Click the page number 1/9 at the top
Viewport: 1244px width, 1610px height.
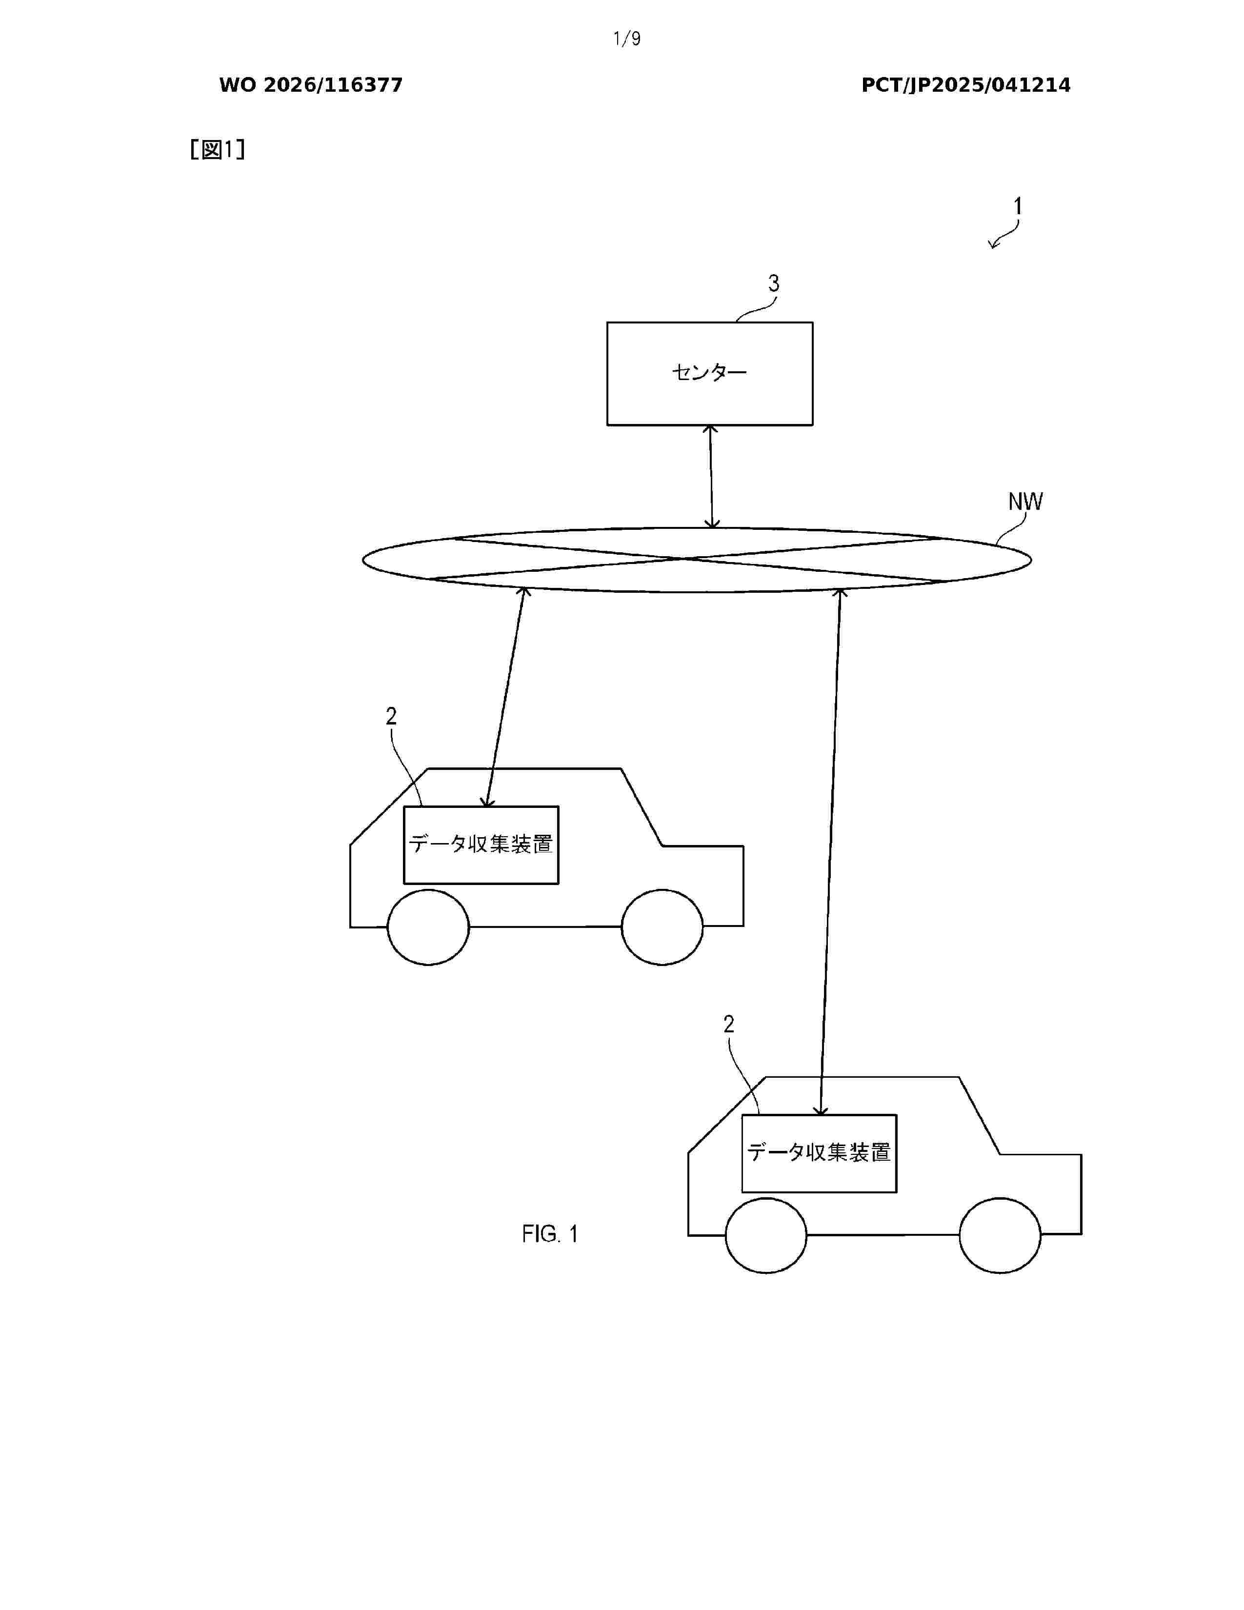point(626,39)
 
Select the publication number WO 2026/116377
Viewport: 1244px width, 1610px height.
point(311,85)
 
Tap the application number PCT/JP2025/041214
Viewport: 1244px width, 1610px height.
point(965,85)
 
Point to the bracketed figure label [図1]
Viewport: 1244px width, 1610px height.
point(218,150)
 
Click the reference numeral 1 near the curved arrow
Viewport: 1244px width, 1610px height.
point(1018,206)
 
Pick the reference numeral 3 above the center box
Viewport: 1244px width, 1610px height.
point(774,283)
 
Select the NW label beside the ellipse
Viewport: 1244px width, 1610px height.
point(1025,501)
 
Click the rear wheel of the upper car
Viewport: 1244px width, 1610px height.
point(428,927)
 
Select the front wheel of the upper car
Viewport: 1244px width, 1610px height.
point(662,927)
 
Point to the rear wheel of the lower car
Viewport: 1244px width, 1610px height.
point(766,1235)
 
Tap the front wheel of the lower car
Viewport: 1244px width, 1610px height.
point(1000,1235)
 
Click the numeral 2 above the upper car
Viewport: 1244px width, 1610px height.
point(391,716)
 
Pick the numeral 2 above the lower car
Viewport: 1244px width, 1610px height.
point(729,1024)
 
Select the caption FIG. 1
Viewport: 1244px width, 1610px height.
point(550,1234)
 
